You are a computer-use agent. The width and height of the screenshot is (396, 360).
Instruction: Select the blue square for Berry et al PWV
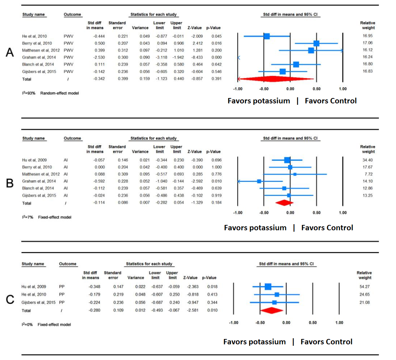(316, 43)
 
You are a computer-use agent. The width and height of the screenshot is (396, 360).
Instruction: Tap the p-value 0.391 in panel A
(215, 79)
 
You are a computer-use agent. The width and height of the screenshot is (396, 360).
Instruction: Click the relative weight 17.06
(368, 43)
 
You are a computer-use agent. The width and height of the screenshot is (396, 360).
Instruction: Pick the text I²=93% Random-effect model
(51, 93)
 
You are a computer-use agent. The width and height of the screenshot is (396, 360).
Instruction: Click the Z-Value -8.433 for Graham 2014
(196, 57)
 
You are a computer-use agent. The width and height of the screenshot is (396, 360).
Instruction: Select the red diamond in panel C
(272, 311)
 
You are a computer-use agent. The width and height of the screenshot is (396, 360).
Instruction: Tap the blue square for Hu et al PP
(268, 287)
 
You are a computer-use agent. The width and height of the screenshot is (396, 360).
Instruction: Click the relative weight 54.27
(364, 287)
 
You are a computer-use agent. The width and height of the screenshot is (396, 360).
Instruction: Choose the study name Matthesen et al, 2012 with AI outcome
(41, 174)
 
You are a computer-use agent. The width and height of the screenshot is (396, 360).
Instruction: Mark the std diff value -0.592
(94, 181)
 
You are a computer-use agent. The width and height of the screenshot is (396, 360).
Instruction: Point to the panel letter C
(10, 300)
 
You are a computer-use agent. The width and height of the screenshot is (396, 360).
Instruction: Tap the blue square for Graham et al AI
(259, 181)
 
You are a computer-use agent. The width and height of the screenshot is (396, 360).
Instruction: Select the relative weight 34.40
(368, 160)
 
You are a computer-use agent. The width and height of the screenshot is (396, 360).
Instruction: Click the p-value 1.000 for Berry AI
(215, 167)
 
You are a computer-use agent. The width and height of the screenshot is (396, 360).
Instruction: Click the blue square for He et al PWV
(267, 36)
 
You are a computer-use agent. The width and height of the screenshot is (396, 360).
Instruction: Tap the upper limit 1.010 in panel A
(177, 50)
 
